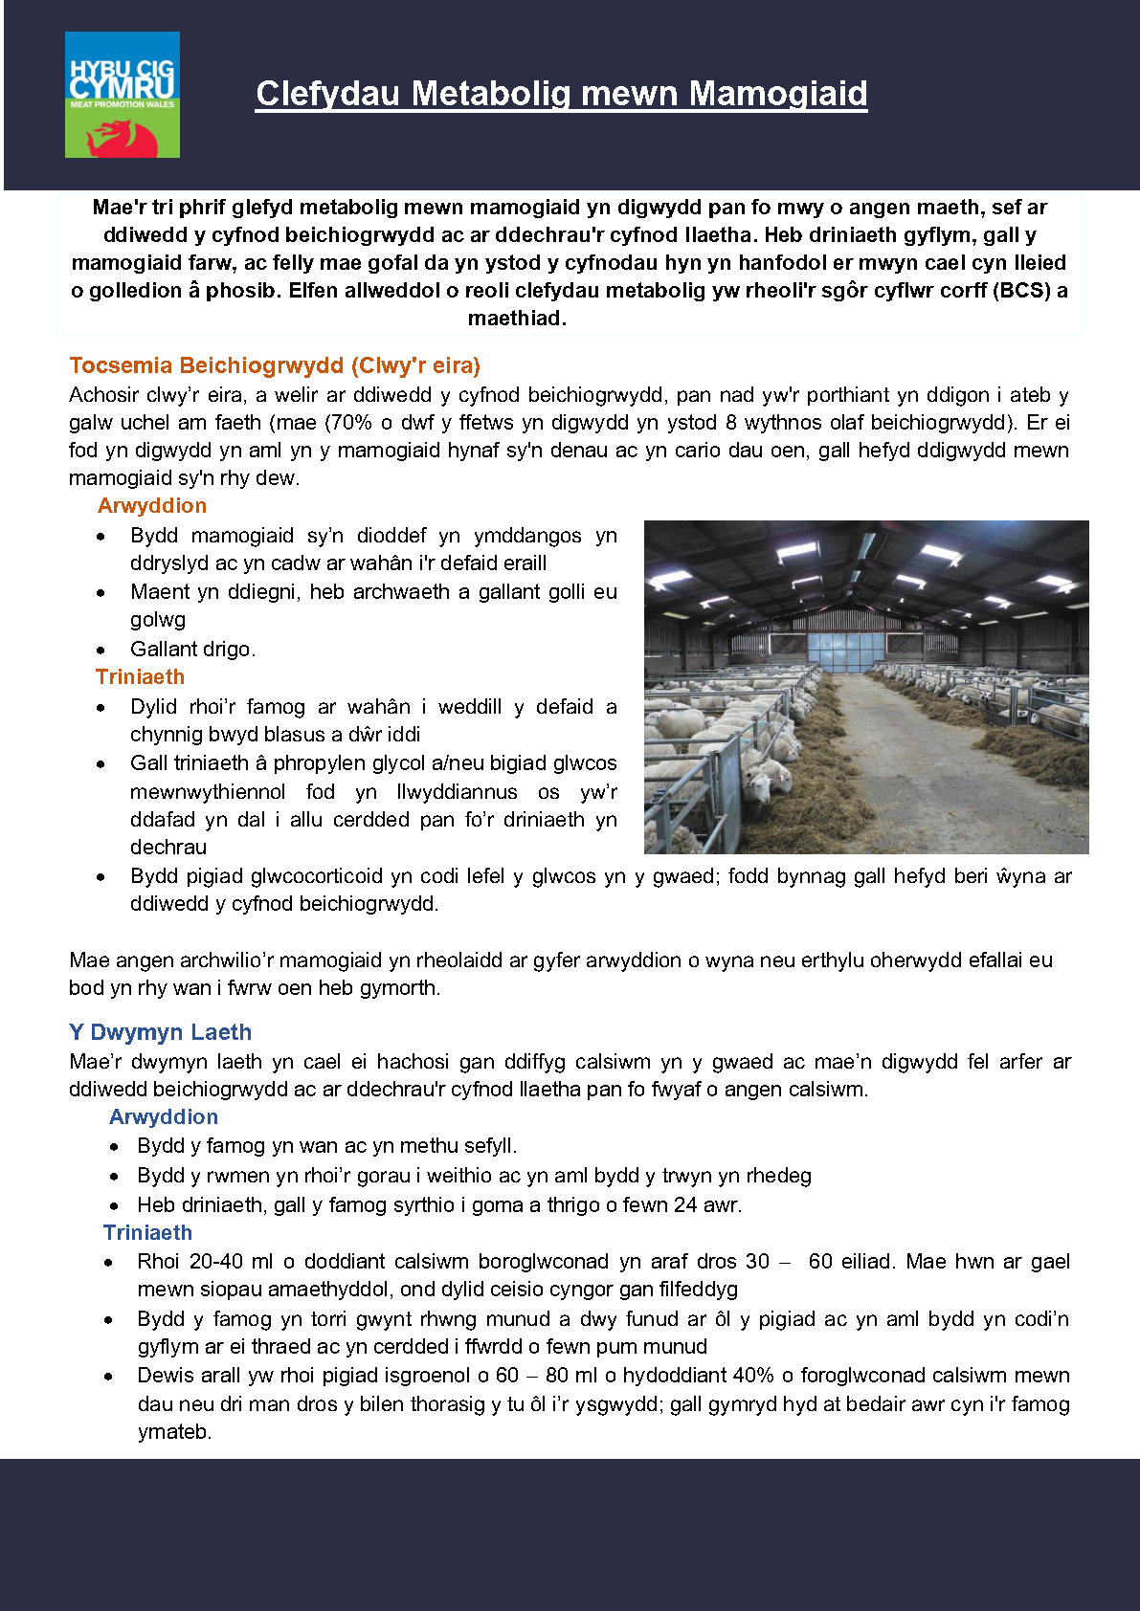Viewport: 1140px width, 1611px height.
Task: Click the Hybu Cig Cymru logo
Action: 122,94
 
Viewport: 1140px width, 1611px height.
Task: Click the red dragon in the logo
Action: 121,137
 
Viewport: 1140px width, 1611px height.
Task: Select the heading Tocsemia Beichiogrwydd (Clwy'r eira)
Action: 275,365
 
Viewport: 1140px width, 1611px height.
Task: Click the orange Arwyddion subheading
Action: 152,505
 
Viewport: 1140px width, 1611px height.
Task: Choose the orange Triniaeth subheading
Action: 140,676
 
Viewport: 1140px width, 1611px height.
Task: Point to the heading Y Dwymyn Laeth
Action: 160,1032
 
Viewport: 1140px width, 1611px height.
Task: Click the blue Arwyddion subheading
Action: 164,1116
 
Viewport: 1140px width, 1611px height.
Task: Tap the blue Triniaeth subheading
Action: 147,1232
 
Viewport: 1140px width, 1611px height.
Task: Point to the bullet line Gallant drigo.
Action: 192,649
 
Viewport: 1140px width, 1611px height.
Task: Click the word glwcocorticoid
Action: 317,875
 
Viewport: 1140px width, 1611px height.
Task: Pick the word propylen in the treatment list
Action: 315,762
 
